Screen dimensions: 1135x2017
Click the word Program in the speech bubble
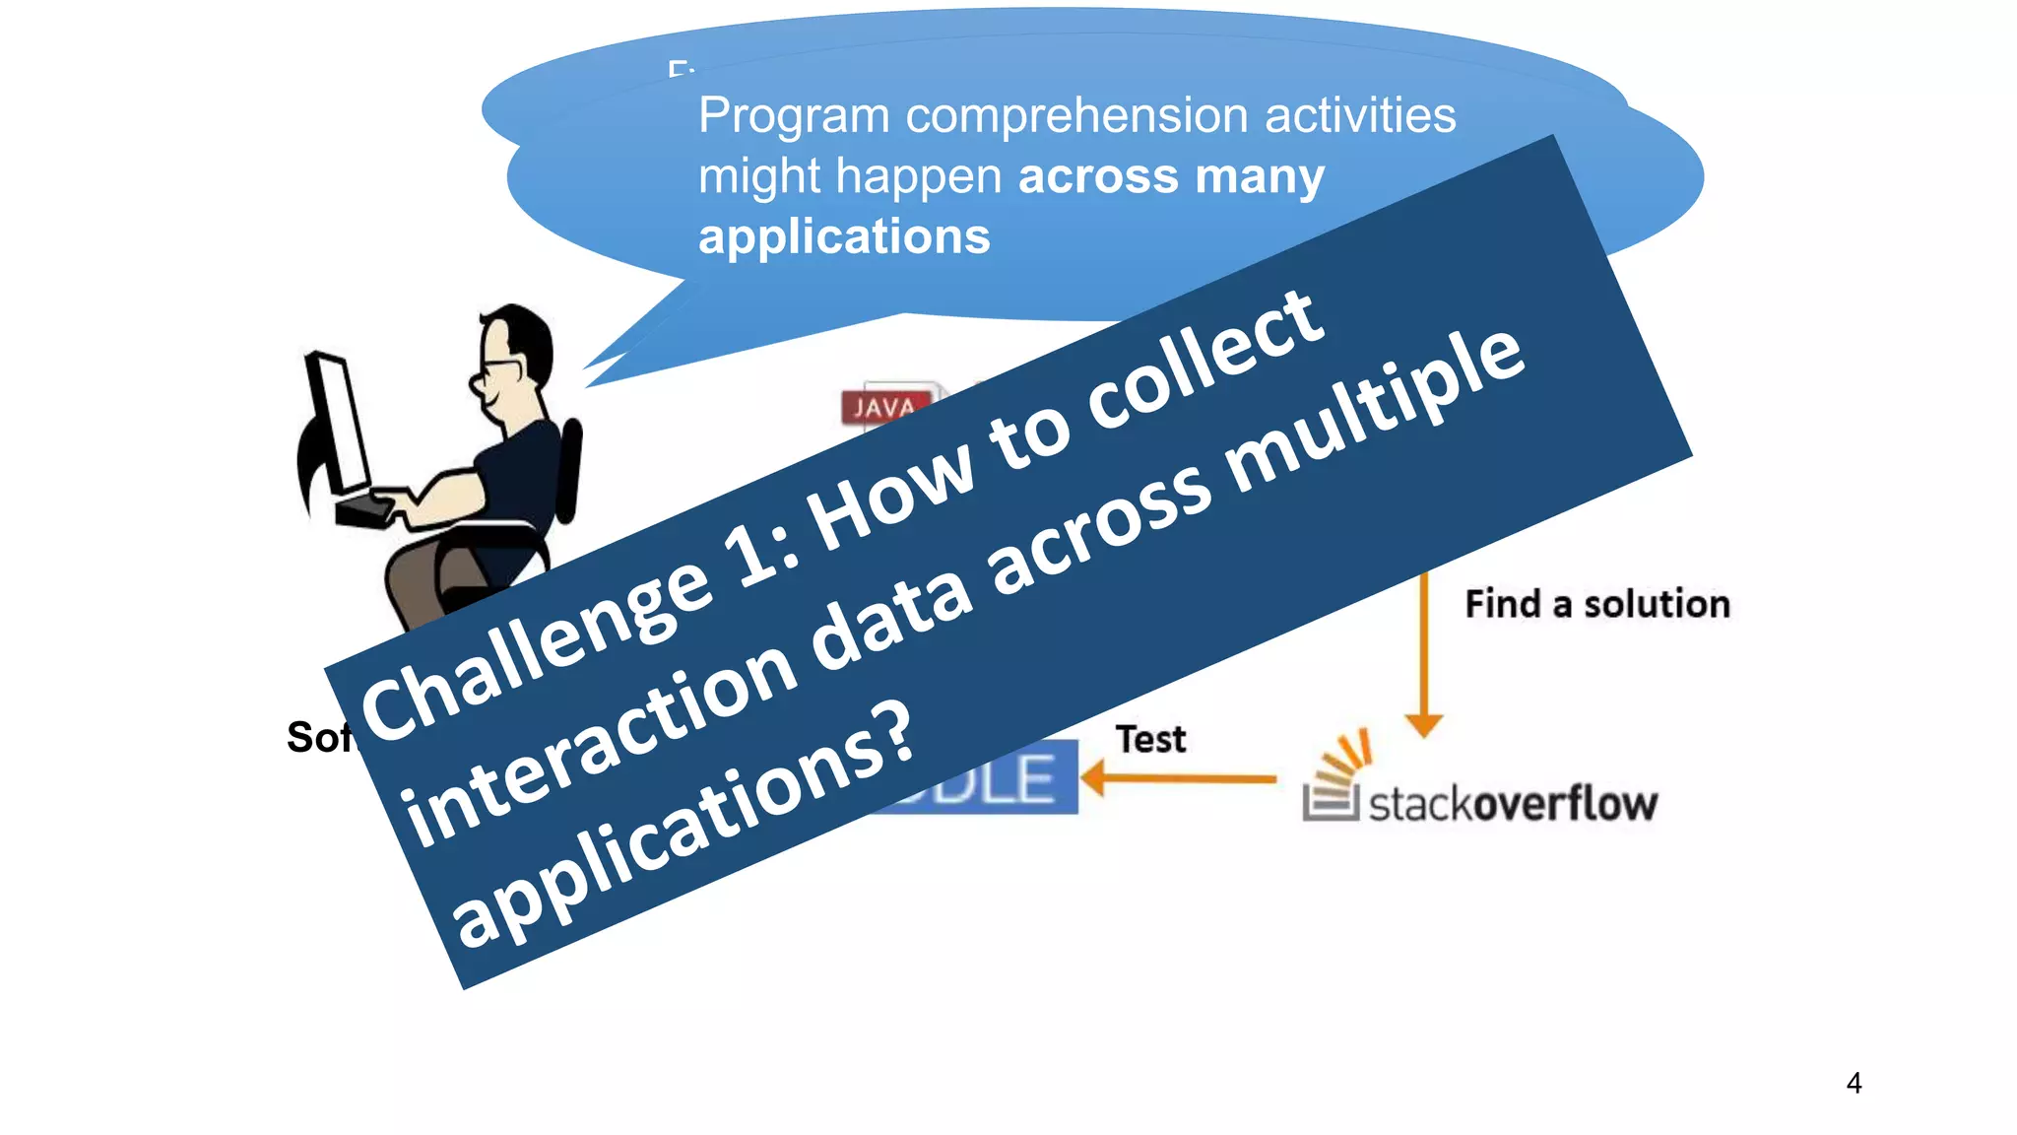point(794,116)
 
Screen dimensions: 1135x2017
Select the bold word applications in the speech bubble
point(844,237)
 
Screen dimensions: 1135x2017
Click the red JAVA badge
point(883,407)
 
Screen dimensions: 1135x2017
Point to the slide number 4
point(1854,1083)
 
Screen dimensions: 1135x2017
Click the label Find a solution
point(1596,604)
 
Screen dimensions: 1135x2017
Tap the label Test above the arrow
point(1149,739)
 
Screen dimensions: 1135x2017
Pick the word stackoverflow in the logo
point(1512,804)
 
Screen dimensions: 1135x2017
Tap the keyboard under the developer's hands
point(364,511)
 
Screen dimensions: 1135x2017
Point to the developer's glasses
point(500,367)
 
